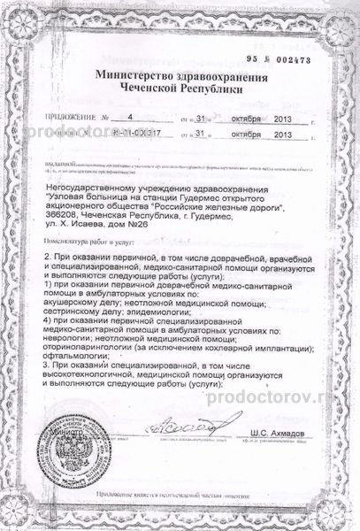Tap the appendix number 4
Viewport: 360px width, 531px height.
click(x=129, y=117)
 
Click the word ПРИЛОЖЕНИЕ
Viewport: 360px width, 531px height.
click(x=61, y=118)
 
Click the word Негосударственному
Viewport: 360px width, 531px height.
click(x=93, y=181)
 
